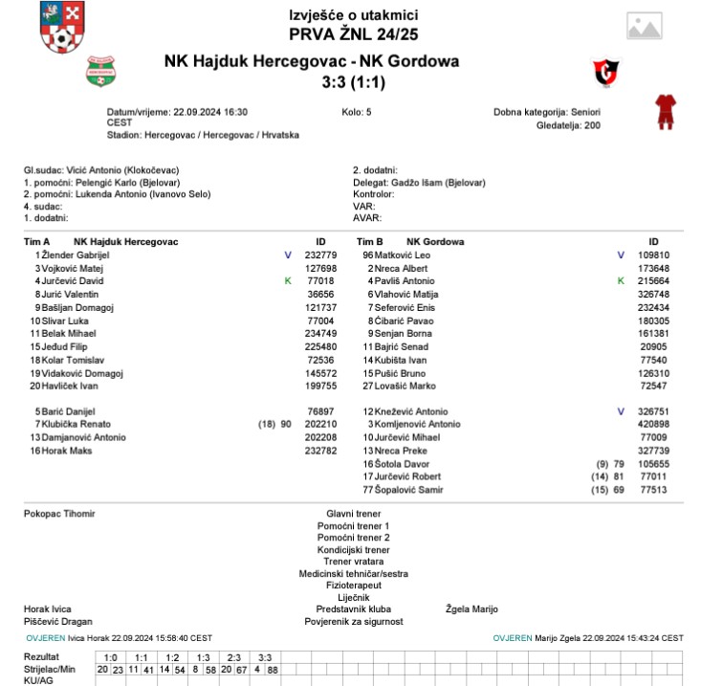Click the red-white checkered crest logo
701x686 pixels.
coord(60,28)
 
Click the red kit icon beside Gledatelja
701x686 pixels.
coord(665,112)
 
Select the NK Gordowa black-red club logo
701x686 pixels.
coord(606,70)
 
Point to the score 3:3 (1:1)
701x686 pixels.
coord(354,82)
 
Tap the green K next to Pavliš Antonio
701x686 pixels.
coord(621,281)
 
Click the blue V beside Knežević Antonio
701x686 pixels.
coord(621,411)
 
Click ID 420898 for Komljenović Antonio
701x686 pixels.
coord(653,425)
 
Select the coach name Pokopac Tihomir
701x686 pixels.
coord(59,514)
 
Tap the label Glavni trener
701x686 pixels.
coord(353,514)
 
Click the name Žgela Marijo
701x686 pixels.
coord(471,609)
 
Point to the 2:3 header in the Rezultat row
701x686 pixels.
coord(232,657)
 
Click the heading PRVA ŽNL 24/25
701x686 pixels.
coord(353,34)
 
